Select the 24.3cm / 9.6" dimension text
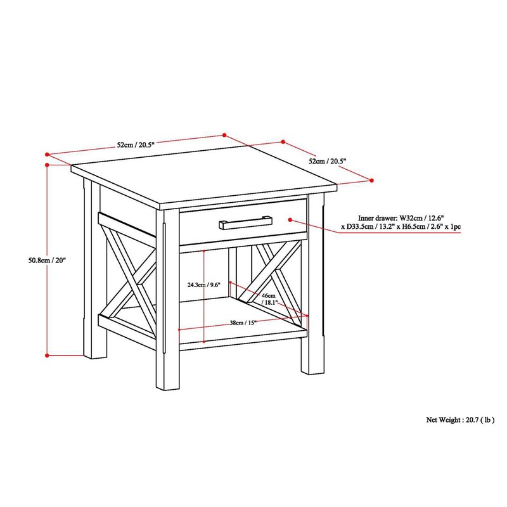tap(189, 285)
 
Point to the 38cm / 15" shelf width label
tap(243, 323)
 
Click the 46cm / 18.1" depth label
tap(269, 299)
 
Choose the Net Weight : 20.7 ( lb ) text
tap(460, 420)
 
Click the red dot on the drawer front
tap(290, 220)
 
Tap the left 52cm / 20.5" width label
tap(135, 144)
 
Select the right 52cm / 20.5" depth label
tap(328, 162)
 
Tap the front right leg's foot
tap(307, 369)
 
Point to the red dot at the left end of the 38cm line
tap(180, 330)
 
